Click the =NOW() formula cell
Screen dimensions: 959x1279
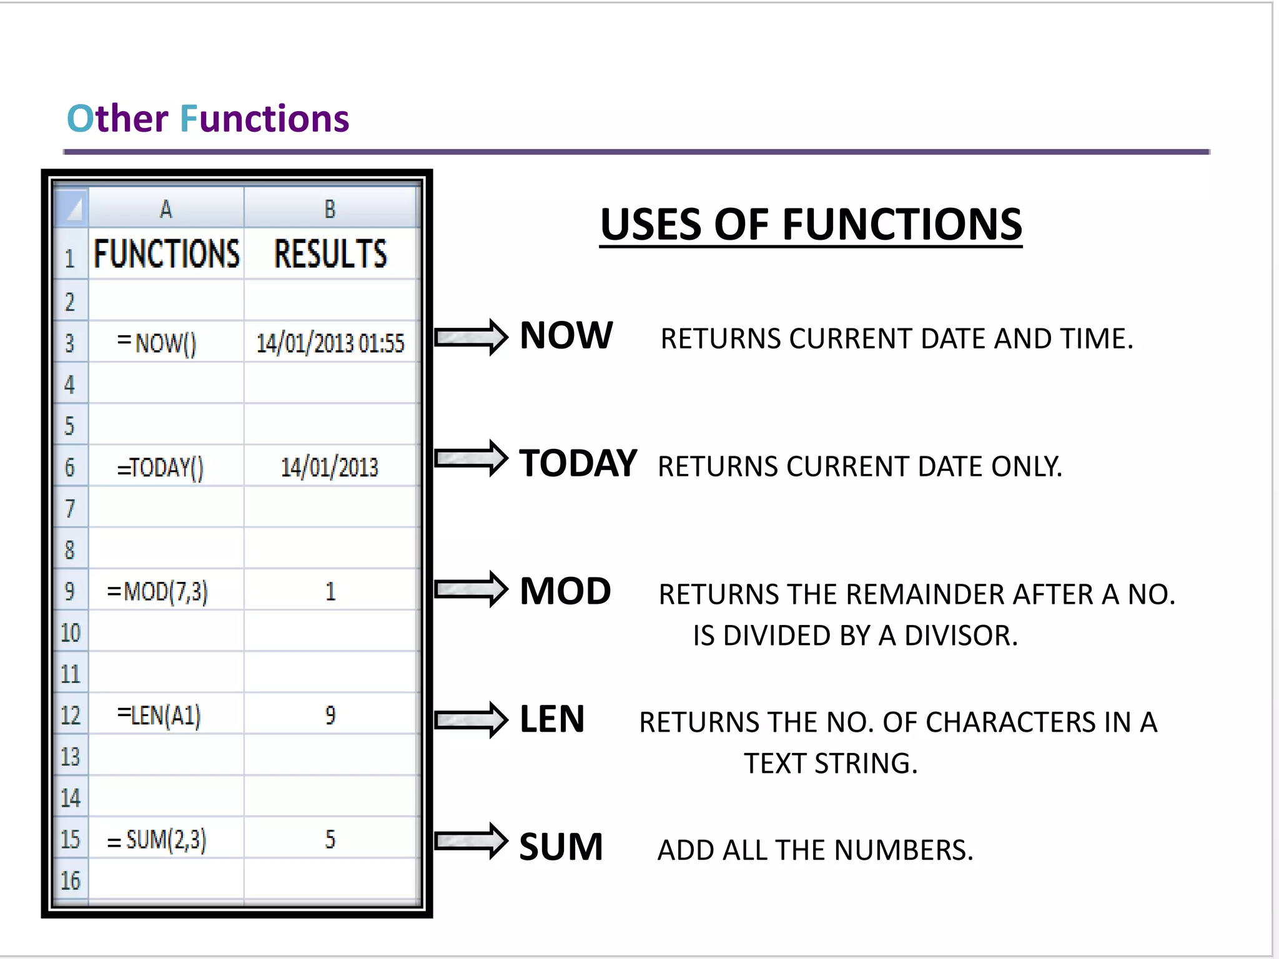165,342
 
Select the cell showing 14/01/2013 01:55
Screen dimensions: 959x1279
330,342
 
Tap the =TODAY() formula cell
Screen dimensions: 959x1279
165,466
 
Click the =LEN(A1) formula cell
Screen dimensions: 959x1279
165,715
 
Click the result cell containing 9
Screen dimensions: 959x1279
330,715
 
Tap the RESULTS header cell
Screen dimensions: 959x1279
330,254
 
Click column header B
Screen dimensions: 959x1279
330,209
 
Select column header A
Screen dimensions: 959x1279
165,209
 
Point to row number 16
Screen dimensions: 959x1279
71,880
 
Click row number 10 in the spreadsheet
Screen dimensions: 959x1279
71,632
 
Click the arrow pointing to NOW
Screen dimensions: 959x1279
472,337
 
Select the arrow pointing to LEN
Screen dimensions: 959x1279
472,720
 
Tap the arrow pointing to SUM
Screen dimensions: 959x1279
472,841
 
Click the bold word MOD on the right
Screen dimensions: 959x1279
565,591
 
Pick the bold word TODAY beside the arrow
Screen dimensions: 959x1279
578,463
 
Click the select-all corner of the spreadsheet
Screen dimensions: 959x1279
72,208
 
